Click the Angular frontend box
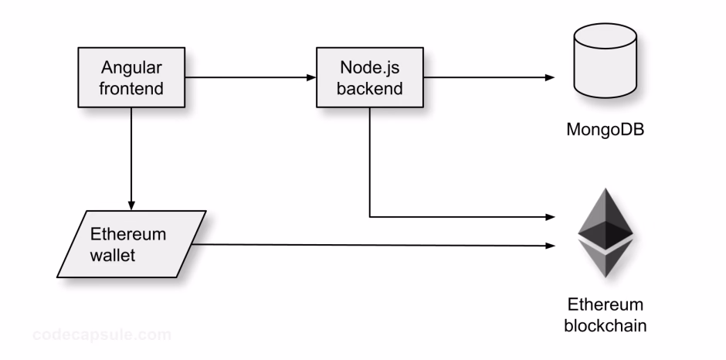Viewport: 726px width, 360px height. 133,77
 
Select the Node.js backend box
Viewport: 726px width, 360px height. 371,77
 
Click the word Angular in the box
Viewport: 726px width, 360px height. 133,67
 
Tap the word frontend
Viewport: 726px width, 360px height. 133,88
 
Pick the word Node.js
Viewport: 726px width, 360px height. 371,67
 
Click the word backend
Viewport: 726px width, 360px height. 371,88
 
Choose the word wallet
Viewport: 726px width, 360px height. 113,255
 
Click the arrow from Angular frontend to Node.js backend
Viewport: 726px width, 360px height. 251,77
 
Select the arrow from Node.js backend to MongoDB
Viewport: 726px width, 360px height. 487,77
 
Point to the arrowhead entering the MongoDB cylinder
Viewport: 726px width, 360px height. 551,77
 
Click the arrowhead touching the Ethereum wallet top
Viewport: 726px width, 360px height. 132,205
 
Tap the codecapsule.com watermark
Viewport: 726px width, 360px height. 102,335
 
